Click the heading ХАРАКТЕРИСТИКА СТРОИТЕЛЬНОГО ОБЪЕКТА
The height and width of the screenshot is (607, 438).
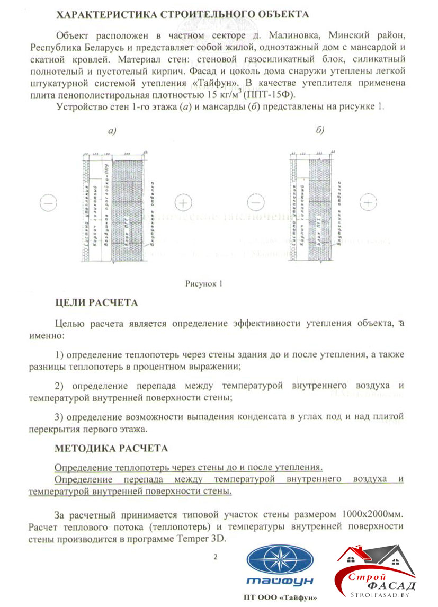pos(183,14)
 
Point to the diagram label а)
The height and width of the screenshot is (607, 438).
pos(113,131)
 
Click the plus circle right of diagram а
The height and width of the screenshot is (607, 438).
pos(183,202)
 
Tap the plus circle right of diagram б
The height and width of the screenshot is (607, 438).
pos(368,202)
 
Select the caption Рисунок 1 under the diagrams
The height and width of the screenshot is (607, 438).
pos(203,283)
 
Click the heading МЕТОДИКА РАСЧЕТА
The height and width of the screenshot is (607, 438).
pos(111,448)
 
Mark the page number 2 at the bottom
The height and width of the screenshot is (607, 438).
pos(215,556)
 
